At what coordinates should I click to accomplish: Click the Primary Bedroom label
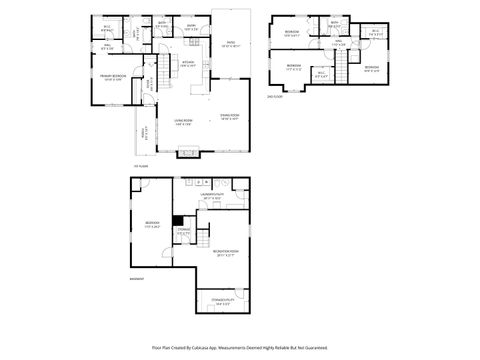pyautogui.click(x=111, y=77)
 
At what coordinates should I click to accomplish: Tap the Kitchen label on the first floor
pyautogui.click(x=187, y=63)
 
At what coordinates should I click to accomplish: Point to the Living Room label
pyautogui.click(x=182, y=122)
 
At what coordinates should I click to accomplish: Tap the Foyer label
pyautogui.click(x=152, y=86)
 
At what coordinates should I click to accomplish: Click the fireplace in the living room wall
pyautogui.click(x=187, y=153)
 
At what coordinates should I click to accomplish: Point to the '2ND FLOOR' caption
pyautogui.click(x=275, y=96)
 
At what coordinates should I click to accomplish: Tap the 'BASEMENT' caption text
pyautogui.click(x=137, y=280)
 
